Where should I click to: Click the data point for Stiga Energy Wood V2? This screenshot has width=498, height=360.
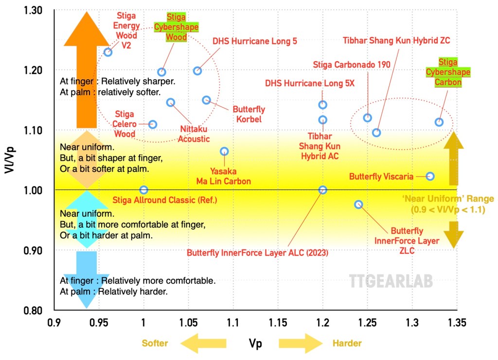point(108,52)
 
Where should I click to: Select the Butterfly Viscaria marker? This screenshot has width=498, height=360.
point(430,176)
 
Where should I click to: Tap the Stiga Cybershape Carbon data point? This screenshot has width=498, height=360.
point(439,122)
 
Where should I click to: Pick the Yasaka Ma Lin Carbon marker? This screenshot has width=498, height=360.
point(224,151)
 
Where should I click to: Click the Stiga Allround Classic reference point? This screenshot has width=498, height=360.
point(143,190)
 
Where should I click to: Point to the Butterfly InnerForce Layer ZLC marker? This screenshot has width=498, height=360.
point(358,204)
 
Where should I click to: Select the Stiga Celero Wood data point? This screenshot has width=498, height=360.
point(153,124)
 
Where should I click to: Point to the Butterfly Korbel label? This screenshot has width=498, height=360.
point(249,114)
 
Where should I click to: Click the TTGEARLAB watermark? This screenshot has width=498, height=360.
point(391,281)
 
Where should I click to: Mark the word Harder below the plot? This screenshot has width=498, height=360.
point(347,343)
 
